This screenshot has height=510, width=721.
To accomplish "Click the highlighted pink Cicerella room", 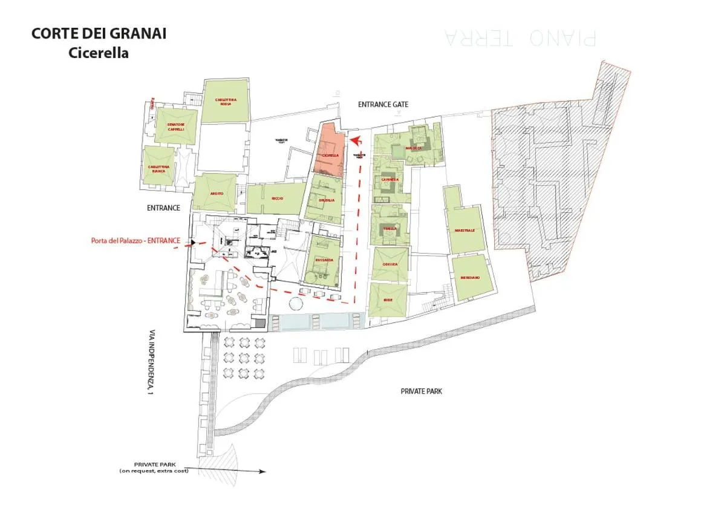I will tap(329, 151).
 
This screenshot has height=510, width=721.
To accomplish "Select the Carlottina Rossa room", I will tap(225, 102).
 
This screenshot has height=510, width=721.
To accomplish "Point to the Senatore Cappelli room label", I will tap(175, 126).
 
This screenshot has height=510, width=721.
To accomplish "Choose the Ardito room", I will tap(216, 193).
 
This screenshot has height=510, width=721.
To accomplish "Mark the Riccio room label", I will tap(277, 198).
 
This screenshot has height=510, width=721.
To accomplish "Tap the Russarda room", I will tap(324, 261).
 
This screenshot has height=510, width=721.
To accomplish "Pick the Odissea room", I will tap(388, 264).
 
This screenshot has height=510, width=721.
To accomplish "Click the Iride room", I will tap(388, 299).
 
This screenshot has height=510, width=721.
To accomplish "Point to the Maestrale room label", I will tap(465, 230).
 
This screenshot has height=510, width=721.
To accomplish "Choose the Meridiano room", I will tap(470, 277).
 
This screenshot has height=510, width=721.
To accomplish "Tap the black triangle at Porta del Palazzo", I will tap(193, 242).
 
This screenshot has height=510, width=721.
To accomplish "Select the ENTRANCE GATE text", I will tap(383, 105).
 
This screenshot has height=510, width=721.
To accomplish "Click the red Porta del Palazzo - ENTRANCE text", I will tap(135, 240).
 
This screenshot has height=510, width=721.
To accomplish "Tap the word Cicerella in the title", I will tap(99, 53).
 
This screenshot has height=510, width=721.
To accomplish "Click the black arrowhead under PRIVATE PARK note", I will tap(262, 471).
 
